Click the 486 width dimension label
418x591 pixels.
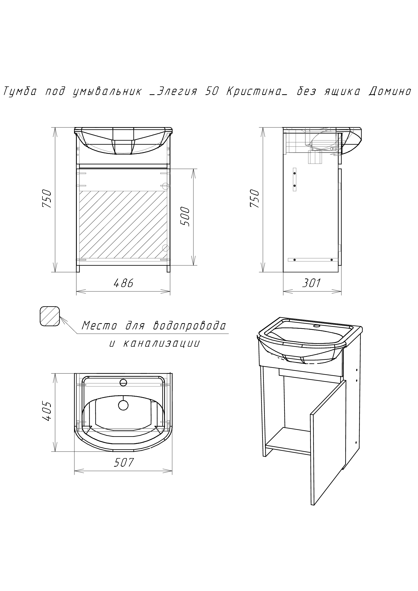click(124, 283)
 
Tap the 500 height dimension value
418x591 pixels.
click(185, 217)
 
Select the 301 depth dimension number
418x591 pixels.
click(312, 283)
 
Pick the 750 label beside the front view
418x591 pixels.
click(48, 199)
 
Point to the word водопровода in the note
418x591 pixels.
click(190, 326)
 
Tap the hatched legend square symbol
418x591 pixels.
click(50, 316)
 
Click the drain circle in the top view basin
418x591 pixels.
click(123, 405)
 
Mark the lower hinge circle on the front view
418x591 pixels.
click(166, 248)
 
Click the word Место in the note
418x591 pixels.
click(99, 326)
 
